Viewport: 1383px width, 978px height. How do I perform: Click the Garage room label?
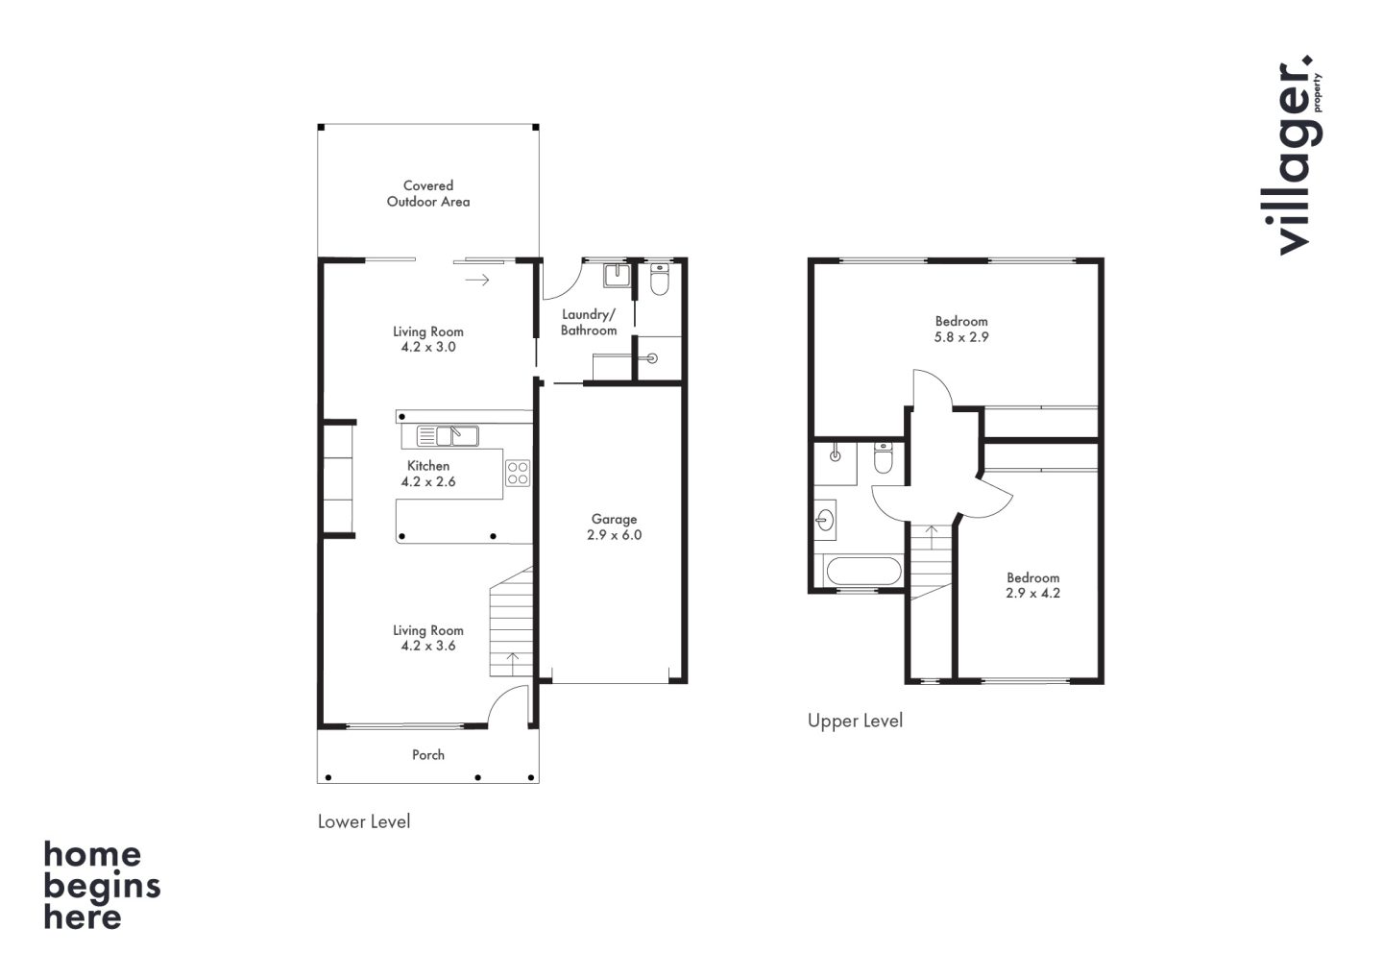point(614,519)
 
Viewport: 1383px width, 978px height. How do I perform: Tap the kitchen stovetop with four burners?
point(518,473)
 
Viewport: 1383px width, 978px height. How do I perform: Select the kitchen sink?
point(448,436)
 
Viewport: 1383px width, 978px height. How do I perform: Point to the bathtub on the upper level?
point(863,571)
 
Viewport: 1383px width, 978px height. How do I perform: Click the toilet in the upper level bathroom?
point(884,457)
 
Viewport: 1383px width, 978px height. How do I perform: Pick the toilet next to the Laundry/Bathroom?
point(660,279)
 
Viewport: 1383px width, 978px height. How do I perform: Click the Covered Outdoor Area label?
point(428,193)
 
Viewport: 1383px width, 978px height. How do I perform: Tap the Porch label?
point(428,754)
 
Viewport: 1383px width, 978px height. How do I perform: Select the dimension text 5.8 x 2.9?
point(961,337)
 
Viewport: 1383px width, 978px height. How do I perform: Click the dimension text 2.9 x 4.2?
point(1033,594)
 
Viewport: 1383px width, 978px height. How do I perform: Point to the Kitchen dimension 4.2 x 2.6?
point(428,481)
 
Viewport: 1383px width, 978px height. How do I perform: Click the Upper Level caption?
point(855,721)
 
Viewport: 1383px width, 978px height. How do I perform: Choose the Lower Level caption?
point(364,821)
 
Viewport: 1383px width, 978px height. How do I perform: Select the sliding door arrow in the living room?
point(477,281)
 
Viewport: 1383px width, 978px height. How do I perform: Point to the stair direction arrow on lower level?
point(512,663)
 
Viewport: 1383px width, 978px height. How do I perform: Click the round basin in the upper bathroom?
point(824,520)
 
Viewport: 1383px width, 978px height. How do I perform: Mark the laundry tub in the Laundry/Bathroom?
point(617,276)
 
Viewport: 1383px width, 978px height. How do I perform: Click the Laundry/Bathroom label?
point(589,322)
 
